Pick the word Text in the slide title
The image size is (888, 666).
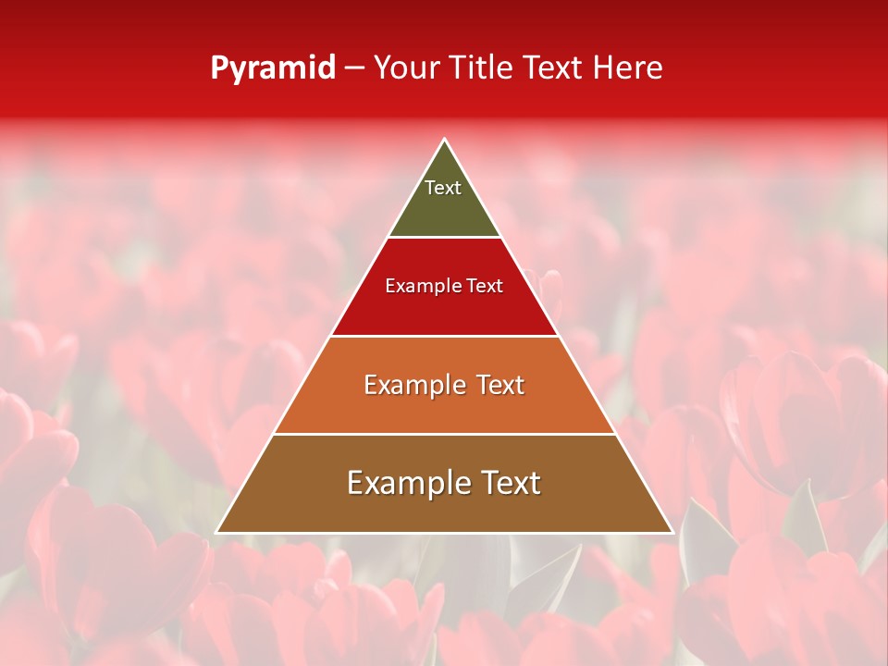555,68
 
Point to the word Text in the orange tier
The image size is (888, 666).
495,385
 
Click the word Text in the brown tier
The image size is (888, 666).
509,483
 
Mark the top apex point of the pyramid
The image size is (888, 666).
445,140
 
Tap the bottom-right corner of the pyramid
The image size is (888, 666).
672,532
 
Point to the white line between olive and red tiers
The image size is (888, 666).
444,237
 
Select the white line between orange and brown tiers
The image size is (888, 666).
444,434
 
